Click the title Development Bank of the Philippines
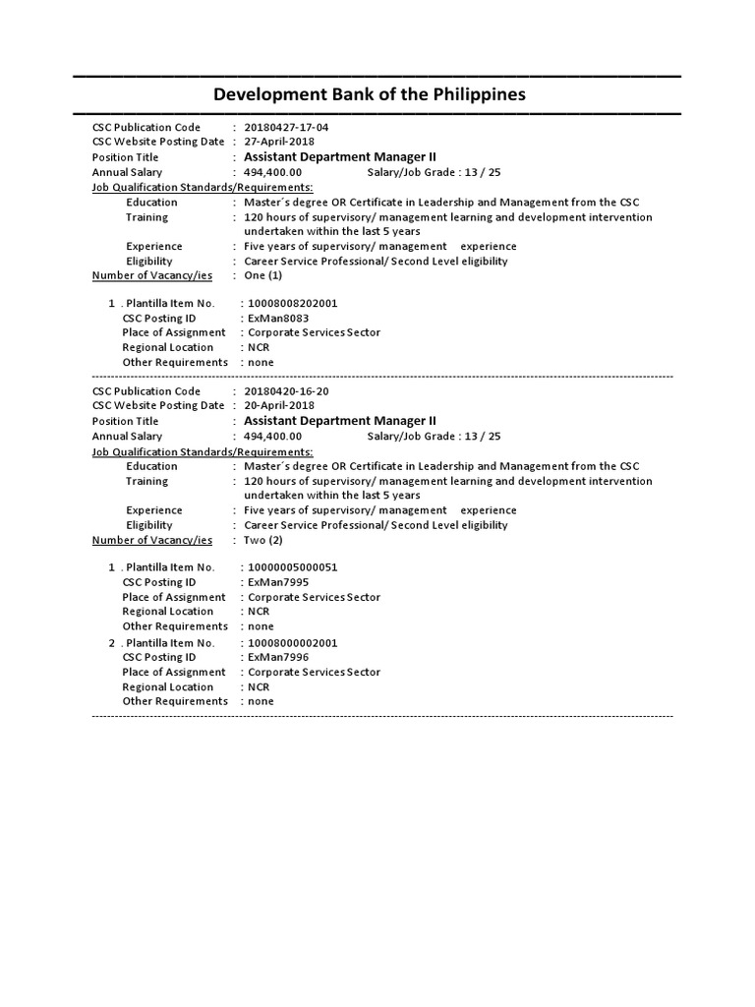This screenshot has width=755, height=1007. [370, 94]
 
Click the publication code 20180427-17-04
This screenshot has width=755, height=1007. [286, 128]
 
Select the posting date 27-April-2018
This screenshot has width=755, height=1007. [279, 142]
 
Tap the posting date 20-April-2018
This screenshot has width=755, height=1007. [279, 406]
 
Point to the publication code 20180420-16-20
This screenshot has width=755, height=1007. [286, 391]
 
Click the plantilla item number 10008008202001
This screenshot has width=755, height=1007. [293, 304]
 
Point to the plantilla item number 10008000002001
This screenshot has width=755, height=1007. [293, 643]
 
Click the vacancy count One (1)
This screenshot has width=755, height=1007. [262, 275]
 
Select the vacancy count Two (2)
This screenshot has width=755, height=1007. [263, 540]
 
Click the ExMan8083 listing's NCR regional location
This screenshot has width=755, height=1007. [259, 347]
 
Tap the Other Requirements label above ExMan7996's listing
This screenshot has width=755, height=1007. [175, 626]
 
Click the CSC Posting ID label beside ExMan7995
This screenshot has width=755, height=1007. [159, 582]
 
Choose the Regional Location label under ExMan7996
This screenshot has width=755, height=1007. [167, 687]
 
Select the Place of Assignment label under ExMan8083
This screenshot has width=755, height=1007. [174, 332]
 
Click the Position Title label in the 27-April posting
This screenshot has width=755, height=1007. [125, 157]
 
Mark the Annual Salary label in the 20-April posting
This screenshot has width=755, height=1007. [127, 437]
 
